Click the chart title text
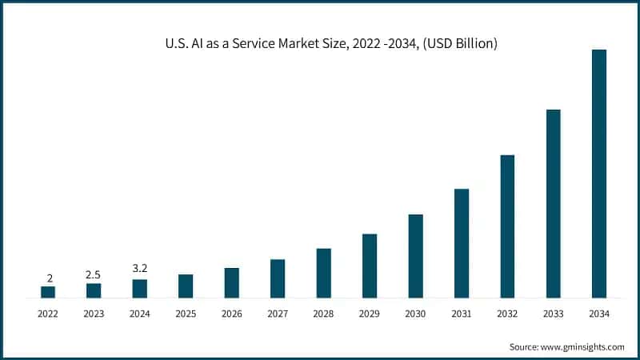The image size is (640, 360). (x=320, y=43)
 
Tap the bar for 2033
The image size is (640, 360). (x=553, y=203)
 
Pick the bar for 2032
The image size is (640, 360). (x=507, y=226)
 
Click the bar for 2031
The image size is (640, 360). (x=461, y=243)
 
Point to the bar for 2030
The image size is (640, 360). (x=415, y=256)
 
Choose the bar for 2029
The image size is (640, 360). (x=369, y=266)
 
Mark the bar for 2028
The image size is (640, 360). (x=323, y=273)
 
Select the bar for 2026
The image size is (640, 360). (x=231, y=282)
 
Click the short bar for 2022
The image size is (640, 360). (x=48, y=292)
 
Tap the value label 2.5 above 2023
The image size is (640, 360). (x=94, y=274)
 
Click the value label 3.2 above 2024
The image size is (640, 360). (x=139, y=268)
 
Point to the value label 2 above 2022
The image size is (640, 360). (x=49, y=278)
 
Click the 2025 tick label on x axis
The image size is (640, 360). (x=186, y=314)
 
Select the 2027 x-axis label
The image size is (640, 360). (x=278, y=314)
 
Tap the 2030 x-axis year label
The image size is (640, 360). (x=415, y=314)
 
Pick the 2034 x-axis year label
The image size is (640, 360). (x=598, y=314)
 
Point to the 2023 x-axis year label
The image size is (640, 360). (x=94, y=314)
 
